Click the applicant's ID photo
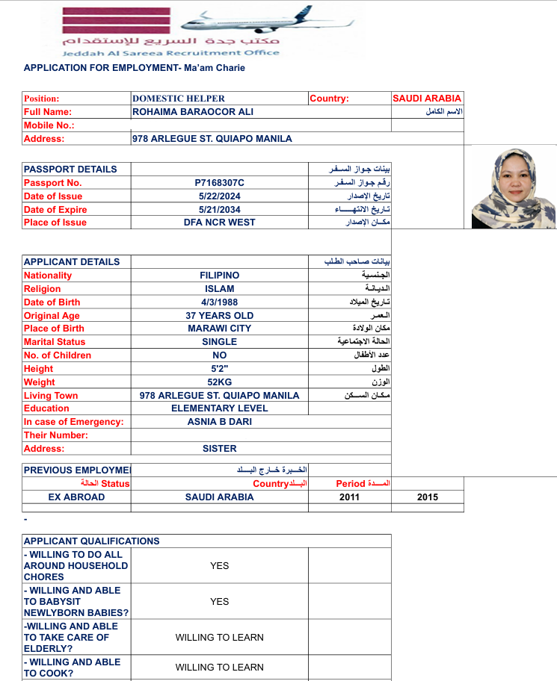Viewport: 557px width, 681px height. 513,187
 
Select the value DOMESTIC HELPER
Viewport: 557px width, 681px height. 179,98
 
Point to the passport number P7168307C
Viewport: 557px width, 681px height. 219,183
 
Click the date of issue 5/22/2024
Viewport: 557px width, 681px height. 219,196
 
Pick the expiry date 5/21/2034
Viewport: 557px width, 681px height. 219,210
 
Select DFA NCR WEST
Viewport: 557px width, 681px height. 219,223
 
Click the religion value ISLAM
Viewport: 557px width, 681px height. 219,288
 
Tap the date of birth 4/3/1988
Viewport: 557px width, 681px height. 219,302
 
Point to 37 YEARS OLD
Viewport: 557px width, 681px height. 219,316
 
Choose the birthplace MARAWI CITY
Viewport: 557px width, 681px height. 219,329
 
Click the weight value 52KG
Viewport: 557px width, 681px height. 219,382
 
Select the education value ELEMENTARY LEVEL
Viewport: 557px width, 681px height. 219,408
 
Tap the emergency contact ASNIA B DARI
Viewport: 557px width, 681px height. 219,422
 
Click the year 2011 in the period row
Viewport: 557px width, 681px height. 349,497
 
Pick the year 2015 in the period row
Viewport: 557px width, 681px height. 428,497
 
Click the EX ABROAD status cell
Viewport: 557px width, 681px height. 76,497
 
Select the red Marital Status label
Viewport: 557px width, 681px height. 55,342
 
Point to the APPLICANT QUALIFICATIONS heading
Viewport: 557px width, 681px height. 91,541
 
